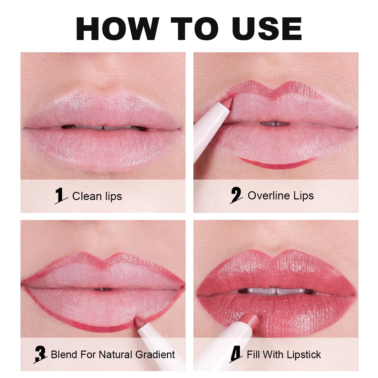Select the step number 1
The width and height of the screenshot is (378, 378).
click(x=60, y=196)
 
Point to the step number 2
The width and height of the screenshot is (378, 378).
click(x=236, y=195)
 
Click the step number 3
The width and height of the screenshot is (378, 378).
click(x=40, y=354)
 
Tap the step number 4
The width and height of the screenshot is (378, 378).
click(x=236, y=354)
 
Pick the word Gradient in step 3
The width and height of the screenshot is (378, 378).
click(x=155, y=354)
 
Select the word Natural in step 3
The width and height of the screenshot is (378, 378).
click(x=116, y=354)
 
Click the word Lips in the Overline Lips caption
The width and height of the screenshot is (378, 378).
click(x=304, y=196)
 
